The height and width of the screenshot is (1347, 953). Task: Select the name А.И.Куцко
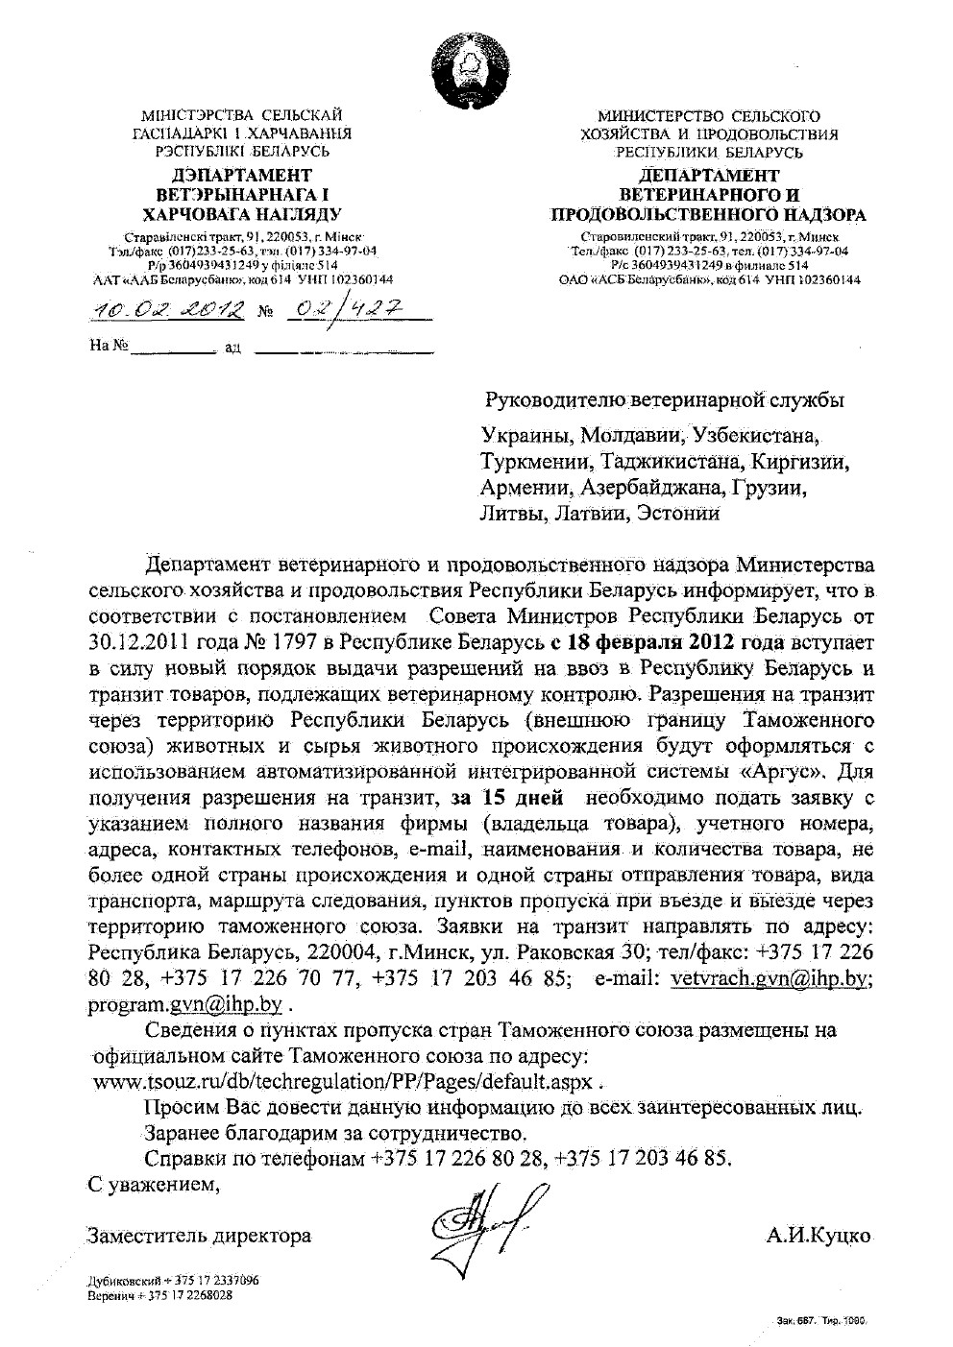(x=819, y=1235)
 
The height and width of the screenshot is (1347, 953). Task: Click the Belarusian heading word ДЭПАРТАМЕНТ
(x=241, y=175)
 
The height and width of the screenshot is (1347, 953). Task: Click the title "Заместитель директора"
(x=198, y=1235)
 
